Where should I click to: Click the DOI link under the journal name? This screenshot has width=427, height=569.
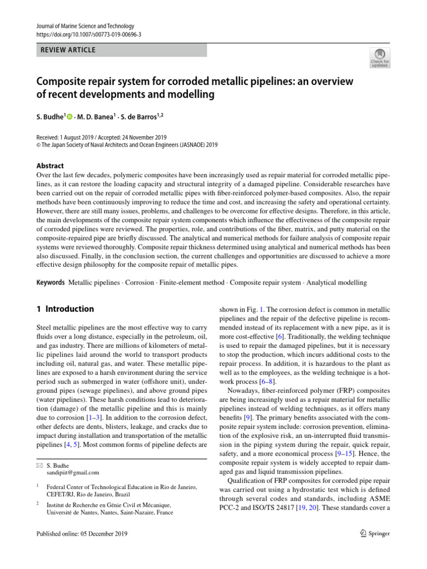click(x=88, y=34)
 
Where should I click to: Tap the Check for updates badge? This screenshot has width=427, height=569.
click(x=380, y=57)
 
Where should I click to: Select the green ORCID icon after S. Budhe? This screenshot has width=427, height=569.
click(x=69, y=116)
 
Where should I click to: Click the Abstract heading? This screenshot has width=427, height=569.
click(x=50, y=166)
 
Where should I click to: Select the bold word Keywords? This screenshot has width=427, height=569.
click(x=51, y=283)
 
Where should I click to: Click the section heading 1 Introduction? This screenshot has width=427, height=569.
click(x=65, y=309)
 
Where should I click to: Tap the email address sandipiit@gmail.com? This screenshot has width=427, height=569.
click(x=73, y=472)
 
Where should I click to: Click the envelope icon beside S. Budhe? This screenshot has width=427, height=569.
click(x=39, y=465)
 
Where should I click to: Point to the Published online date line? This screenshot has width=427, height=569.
click(x=82, y=534)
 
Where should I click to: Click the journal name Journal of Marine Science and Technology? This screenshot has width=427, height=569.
click(x=85, y=26)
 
